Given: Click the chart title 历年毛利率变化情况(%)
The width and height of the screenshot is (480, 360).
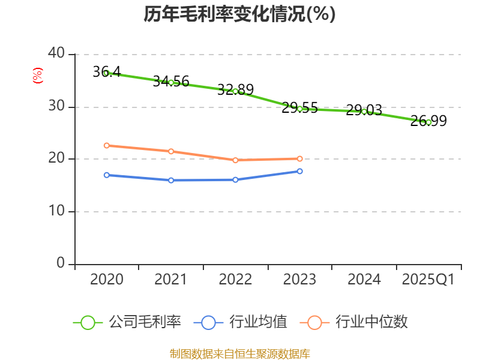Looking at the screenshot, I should coord(239,14).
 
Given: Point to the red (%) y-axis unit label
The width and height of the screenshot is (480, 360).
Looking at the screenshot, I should coord(37,76).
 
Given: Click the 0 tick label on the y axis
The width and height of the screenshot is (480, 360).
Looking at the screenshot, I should coord(60,263).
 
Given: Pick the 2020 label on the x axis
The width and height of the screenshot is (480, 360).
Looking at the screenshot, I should coord(107,279).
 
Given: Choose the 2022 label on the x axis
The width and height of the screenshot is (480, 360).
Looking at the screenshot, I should coord(235,279).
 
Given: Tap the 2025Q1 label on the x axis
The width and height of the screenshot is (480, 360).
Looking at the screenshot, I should coord(428,279).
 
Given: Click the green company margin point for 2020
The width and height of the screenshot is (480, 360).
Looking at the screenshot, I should coord(106,73).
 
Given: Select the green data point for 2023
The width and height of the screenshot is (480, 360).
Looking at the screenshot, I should coord(299,109).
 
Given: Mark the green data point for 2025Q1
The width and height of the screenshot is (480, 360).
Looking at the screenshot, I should coord(428,122).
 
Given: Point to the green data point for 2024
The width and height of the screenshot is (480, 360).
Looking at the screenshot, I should coord(364,112).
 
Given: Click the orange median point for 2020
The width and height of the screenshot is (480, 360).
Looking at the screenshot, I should coord(106,145).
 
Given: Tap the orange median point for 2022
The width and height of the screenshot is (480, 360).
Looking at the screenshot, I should coord(235,160).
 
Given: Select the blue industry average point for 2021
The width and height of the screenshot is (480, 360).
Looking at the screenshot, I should coord(171,180).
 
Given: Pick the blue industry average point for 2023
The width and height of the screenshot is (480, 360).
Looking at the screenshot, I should coord(299,171).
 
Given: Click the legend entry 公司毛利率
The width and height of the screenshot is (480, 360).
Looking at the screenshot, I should coord(127,322).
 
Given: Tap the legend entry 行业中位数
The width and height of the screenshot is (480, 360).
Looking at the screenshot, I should coord(358,322).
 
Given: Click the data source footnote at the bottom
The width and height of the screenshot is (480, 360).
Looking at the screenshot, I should coord(239,353).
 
